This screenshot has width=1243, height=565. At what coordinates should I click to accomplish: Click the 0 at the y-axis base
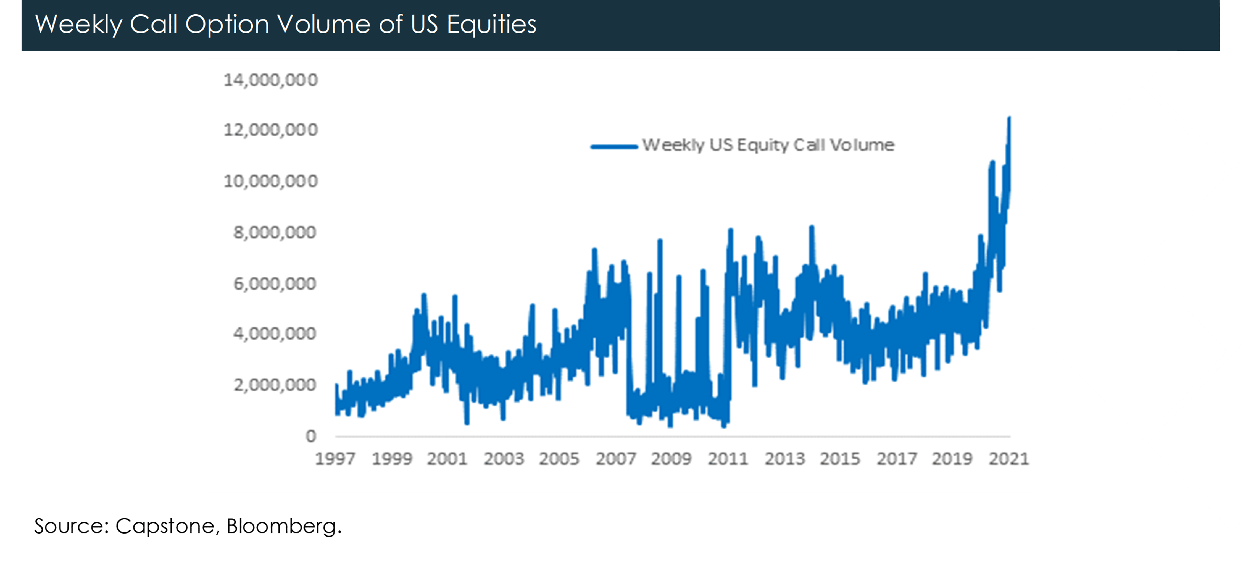point(311,436)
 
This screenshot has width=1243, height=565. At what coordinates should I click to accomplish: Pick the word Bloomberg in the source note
point(284,526)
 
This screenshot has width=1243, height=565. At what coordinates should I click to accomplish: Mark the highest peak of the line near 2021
point(1009,118)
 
